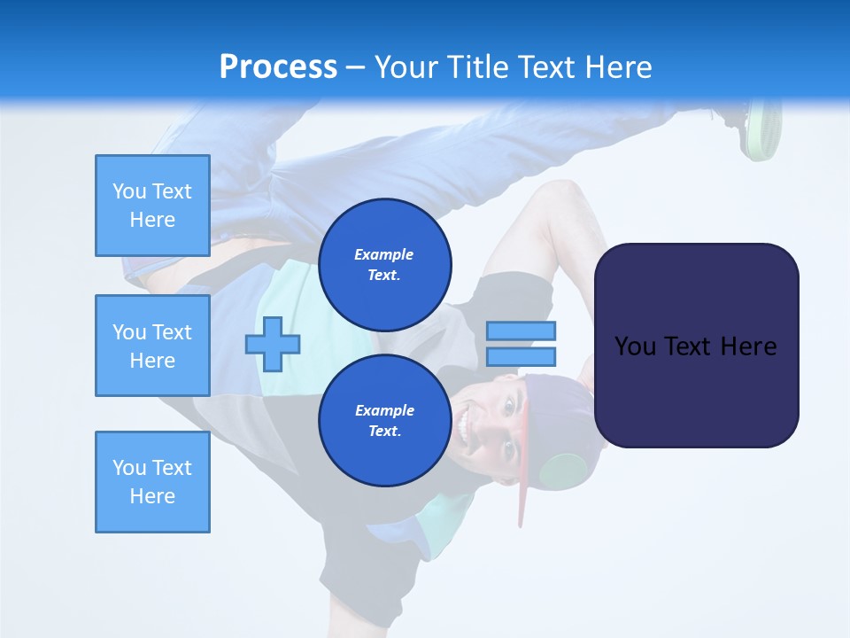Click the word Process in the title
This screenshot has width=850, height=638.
(x=278, y=67)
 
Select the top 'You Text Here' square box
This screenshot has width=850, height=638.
(x=152, y=206)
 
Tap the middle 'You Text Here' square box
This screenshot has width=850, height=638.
(x=152, y=346)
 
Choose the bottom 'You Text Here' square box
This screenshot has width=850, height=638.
(x=152, y=482)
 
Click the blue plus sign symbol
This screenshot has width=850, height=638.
(x=273, y=344)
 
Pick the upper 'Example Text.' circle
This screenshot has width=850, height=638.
(x=385, y=264)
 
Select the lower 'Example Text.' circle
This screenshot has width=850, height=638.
(x=385, y=420)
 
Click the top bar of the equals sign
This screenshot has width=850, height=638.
(x=521, y=331)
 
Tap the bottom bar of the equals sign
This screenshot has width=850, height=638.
(x=521, y=356)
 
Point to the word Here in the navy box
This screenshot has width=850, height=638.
(x=748, y=346)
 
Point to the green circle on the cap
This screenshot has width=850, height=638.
(x=563, y=471)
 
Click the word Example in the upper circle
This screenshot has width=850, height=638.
(x=384, y=254)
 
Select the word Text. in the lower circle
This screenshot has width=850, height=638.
(x=384, y=432)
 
